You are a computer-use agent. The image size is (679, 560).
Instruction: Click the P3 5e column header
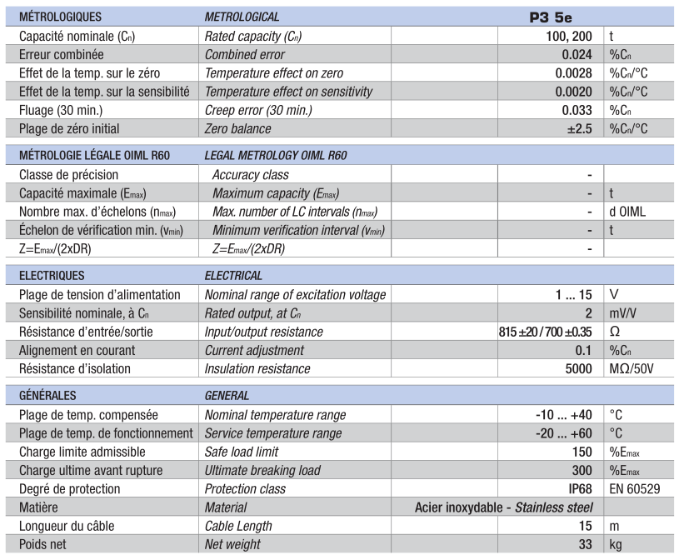tap(551, 16)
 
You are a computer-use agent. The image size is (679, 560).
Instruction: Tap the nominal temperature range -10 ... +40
tap(562, 415)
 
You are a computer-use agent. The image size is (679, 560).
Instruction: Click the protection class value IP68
tap(580, 488)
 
